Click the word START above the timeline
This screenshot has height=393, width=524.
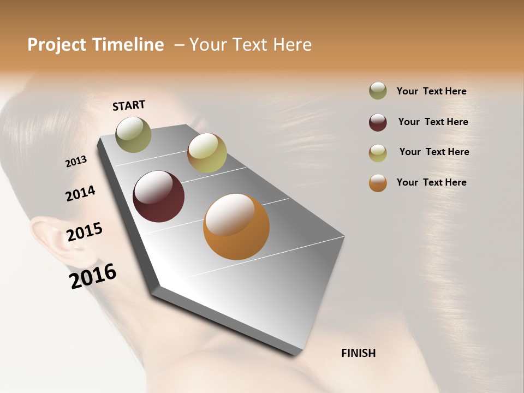[129, 105]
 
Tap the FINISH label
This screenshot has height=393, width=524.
[358, 353]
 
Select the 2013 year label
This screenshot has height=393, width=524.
[76, 162]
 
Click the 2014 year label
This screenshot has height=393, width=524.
[80, 193]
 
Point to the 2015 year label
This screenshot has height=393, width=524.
[85, 232]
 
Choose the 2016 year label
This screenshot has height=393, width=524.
[93, 276]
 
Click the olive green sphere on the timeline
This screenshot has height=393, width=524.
[133, 134]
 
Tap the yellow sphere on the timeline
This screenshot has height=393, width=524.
[207, 153]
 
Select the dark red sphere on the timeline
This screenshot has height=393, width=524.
[158, 196]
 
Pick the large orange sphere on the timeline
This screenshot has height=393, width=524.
[236, 227]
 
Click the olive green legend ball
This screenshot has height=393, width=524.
[378, 91]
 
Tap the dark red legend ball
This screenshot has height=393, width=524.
[378, 122]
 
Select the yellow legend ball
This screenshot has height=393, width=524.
[378, 153]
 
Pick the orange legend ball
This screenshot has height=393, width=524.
[378, 183]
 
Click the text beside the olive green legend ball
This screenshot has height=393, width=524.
[431, 92]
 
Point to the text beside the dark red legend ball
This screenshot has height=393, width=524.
[433, 122]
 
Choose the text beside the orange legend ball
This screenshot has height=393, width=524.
[431, 182]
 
